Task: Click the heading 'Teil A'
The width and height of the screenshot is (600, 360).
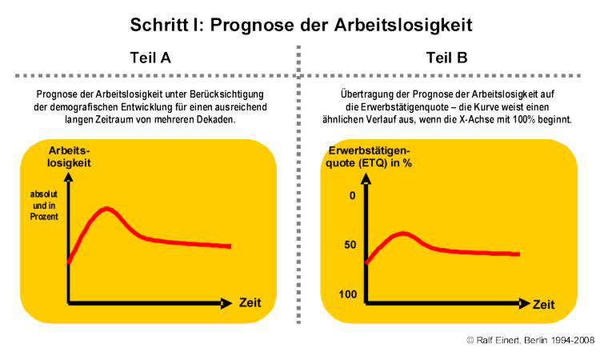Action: pos(150,58)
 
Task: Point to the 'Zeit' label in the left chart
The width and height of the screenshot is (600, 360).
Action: pos(251,303)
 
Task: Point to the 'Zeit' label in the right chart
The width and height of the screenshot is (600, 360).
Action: pos(544,305)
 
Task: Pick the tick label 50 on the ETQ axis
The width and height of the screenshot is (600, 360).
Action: pos(350,244)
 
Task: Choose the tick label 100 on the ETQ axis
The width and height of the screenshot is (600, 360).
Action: pos(346,294)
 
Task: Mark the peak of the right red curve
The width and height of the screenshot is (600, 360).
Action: pos(404,234)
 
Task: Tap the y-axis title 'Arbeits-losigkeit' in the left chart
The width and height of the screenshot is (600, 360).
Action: pos(70,156)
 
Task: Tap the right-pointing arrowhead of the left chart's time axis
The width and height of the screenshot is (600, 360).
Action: pos(226,303)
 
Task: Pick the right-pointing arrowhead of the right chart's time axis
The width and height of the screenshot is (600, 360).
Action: pos(524,304)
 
